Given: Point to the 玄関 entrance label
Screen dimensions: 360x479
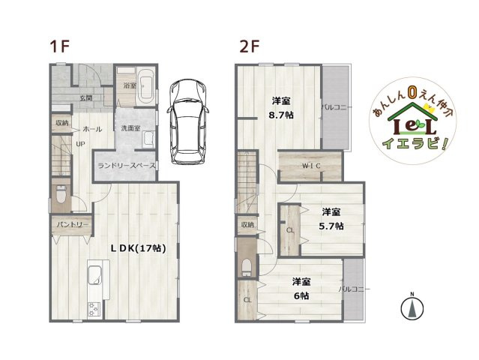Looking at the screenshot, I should (86, 98).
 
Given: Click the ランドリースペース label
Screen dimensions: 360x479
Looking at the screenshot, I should (126, 165).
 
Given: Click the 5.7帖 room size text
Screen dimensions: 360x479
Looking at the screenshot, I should (333, 225).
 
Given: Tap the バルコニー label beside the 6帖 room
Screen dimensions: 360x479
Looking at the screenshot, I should (352, 288).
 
